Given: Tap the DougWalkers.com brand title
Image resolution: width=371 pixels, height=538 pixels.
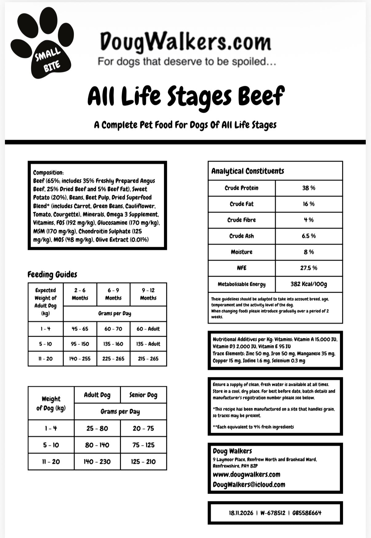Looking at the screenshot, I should pyautogui.click(x=185, y=41).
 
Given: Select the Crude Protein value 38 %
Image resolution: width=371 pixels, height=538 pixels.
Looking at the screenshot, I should pyautogui.click(x=309, y=188).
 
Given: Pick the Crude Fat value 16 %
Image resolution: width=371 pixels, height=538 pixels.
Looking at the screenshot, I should pyautogui.click(x=309, y=204).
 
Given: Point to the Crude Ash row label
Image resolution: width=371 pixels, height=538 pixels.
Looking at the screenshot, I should pyautogui.click(x=241, y=236).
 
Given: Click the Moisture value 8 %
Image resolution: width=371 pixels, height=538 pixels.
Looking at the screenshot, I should pyautogui.click(x=309, y=252).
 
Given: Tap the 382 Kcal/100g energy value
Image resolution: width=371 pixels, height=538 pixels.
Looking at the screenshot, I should pyautogui.click(x=309, y=284).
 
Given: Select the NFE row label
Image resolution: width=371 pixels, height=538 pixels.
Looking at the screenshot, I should pyautogui.click(x=241, y=268).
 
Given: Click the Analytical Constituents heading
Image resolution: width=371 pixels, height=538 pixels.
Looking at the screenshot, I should pyautogui.click(x=248, y=171).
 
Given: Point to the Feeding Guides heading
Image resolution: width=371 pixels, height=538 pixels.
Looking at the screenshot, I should pyautogui.click(x=52, y=274).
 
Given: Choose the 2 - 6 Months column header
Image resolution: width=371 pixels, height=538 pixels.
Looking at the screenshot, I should pyautogui.click(x=80, y=294).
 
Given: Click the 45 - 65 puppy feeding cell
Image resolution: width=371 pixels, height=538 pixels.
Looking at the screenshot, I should pyautogui.click(x=80, y=329).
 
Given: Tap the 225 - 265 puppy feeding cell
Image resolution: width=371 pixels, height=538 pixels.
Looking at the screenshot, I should pyautogui.click(x=113, y=359).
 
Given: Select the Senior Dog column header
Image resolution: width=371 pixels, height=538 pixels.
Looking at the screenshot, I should pyautogui.click(x=143, y=395).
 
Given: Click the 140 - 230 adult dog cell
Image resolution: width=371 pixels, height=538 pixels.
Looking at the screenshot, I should pyautogui.click(x=97, y=461).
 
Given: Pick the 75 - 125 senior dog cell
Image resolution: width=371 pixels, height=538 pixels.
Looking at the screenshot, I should pyautogui.click(x=143, y=445).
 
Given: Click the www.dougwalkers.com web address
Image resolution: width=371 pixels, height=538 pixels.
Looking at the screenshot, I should pyautogui.click(x=246, y=474).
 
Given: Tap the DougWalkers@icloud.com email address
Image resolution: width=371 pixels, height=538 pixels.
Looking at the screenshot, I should pyautogui.click(x=249, y=484).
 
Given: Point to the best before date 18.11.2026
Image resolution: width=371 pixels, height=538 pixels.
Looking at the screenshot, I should pyautogui.click(x=241, y=513).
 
